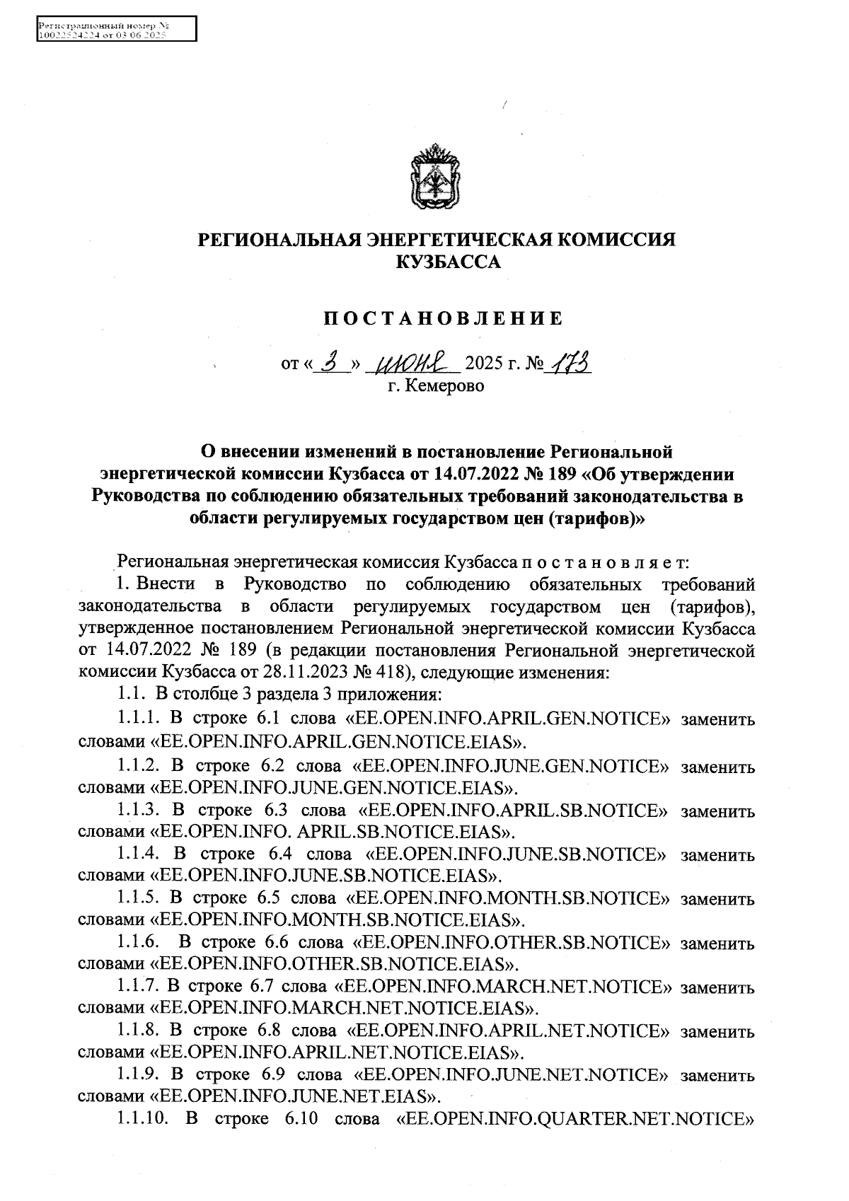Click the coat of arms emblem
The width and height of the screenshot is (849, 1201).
coord(437,177)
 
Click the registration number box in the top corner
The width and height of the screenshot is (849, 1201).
coord(115,30)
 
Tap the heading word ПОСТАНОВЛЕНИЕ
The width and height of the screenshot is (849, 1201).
coord(444,318)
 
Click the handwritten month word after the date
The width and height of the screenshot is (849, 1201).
coord(417,364)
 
